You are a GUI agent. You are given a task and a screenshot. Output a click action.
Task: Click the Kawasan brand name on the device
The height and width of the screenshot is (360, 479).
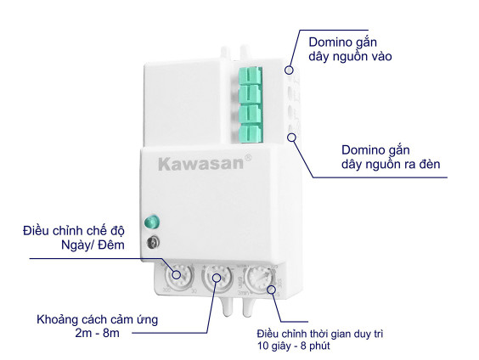point(200,164)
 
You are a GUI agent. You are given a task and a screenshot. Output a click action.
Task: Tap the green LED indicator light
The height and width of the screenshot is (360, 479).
point(152,222)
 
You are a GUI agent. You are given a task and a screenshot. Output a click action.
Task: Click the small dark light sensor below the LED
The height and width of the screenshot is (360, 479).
point(152,243)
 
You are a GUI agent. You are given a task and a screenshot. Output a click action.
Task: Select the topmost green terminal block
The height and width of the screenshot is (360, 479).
point(251,75)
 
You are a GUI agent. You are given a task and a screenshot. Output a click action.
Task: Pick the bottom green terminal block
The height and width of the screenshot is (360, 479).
point(251,134)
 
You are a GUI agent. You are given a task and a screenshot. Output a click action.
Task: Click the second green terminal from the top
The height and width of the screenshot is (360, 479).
point(251,94)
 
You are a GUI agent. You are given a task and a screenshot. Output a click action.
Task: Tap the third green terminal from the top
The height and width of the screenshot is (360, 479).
point(251,115)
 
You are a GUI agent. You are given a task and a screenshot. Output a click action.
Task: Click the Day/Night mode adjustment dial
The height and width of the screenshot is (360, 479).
point(179,276)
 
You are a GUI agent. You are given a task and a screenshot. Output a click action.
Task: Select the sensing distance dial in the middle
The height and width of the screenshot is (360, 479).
point(217,277)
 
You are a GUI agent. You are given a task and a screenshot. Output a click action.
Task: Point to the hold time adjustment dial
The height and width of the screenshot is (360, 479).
point(260,278)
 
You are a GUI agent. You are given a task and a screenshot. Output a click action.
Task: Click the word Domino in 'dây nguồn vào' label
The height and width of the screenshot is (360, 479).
point(327,42)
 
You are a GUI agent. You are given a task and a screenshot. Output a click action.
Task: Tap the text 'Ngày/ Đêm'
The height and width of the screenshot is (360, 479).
point(93,245)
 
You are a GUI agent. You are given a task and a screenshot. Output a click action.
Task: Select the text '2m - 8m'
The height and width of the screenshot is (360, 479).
point(97,333)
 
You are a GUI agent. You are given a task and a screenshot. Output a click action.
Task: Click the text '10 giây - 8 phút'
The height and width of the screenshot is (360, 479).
point(294,346)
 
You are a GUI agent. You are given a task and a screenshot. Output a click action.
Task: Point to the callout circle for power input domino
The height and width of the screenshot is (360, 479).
point(289,70)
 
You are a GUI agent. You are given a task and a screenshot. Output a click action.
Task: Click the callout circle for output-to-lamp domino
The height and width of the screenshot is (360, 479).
point(292,138)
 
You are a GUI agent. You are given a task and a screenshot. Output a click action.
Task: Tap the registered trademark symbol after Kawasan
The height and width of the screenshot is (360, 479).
point(248,158)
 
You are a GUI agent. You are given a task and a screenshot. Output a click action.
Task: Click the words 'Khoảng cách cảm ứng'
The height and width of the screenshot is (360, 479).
point(97,319)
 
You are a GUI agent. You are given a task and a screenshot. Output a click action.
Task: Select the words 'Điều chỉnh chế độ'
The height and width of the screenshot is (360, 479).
point(74,231)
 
